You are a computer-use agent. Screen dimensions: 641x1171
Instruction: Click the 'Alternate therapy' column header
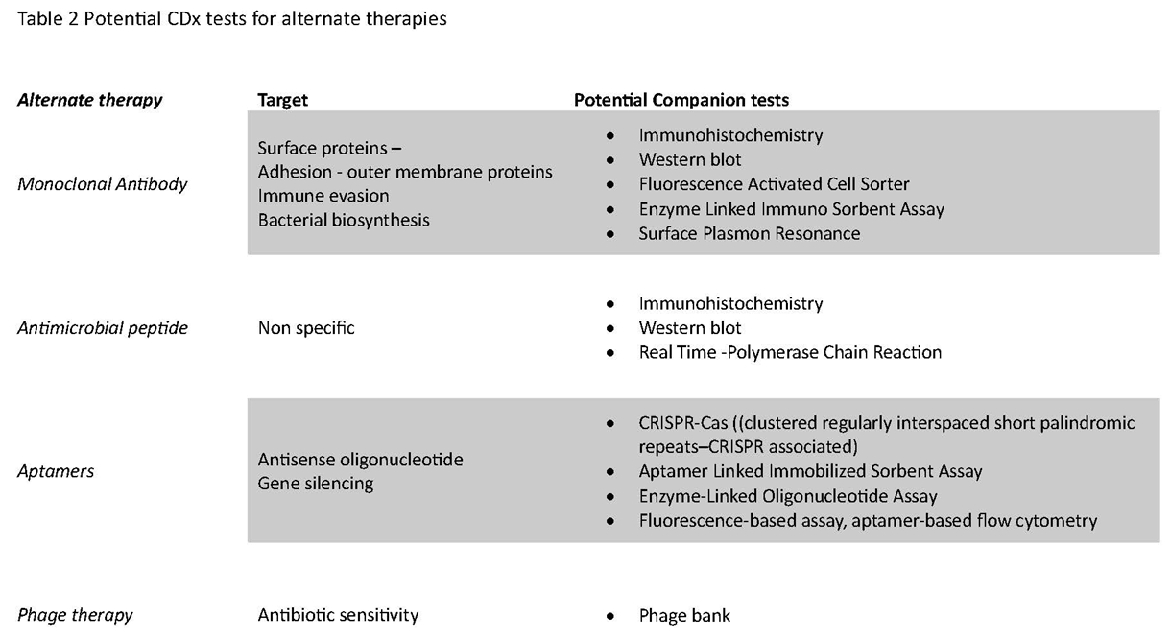(90, 100)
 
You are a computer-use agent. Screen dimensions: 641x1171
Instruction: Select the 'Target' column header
(282, 100)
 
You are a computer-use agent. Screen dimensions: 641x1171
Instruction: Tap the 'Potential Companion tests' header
(681, 100)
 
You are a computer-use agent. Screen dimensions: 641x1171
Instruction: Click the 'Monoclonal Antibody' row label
(103, 184)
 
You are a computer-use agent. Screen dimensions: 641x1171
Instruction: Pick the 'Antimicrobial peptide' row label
(103, 328)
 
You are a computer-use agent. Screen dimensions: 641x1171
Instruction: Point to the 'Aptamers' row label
(56, 472)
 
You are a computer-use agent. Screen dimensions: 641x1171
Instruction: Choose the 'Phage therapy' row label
(75, 615)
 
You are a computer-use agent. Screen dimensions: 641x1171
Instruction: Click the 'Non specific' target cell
(306, 328)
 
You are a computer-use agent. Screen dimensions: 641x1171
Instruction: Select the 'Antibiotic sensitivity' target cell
(338, 615)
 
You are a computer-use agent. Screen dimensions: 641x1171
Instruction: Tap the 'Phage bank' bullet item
(684, 616)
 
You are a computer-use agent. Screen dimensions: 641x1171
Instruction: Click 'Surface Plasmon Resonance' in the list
(749, 233)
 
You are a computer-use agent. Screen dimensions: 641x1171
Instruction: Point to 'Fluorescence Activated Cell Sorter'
(774, 184)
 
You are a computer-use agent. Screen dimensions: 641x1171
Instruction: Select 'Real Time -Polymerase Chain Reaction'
(790, 352)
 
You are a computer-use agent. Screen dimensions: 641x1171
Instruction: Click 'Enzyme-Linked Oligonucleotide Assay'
(788, 496)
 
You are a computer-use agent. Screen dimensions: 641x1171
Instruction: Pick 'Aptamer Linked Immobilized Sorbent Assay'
(810, 471)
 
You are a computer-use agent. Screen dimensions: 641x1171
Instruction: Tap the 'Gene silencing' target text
(315, 484)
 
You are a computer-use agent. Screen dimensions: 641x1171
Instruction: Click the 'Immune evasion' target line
(323, 196)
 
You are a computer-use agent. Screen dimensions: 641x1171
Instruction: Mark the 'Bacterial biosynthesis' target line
(344, 220)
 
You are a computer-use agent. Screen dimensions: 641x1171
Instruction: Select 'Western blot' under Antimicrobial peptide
(690, 328)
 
